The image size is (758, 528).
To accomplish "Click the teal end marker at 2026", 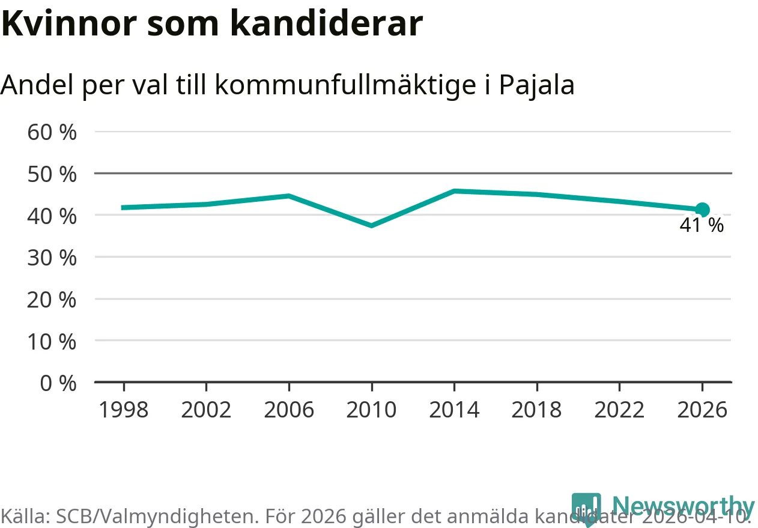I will [x=702, y=210].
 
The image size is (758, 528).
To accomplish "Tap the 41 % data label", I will [x=702, y=226].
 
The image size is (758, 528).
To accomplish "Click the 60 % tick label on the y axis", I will [x=52, y=132].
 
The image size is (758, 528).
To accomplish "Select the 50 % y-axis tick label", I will [x=52, y=174].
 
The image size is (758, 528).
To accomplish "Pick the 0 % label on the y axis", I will [x=58, y=383].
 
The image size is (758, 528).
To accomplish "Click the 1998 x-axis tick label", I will [x=123, y=410].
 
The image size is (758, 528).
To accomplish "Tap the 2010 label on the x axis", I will [x=372, y=410].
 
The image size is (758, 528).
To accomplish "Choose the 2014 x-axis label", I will [x=454, y=410].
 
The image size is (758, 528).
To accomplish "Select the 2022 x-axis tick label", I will [x=619, y=410].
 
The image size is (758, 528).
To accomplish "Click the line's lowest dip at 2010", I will [x=372, y=225].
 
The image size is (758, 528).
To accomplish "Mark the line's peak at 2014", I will [x=454, y=191].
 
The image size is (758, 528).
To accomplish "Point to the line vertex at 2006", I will [x=289, y=196].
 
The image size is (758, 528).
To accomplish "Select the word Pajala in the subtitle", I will [x=537, y=85].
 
